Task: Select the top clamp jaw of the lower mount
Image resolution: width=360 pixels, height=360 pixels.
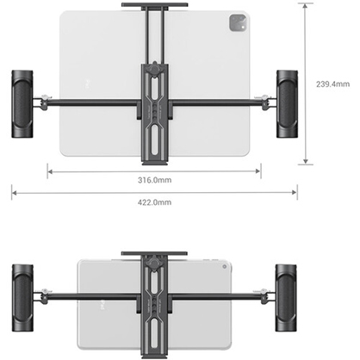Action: [154, 254]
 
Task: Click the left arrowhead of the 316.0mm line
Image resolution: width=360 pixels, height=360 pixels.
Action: [50, 171]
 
